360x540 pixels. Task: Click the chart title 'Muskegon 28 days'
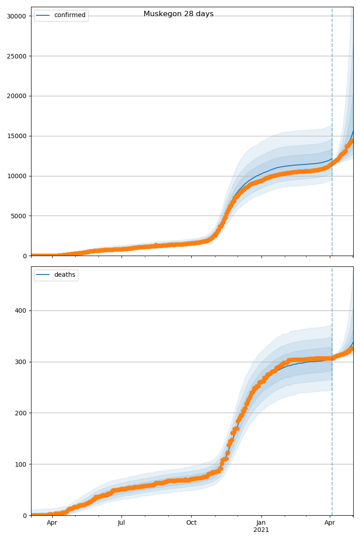click(x=179, y=14)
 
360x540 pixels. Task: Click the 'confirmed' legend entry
click(x=70, y=15)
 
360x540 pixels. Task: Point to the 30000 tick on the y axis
click(x=17, y=16)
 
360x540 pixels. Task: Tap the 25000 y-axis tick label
click(x=17, y=56)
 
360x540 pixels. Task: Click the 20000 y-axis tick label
click(x=17, y=96)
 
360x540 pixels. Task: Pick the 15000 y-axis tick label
click(x=17, y=136)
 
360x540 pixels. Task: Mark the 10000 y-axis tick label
click(x=17, y=176)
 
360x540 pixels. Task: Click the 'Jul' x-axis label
click(x=121, y=523)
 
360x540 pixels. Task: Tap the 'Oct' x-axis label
click(x=191, y=523)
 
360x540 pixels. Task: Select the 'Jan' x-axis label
click(x=261, y=523)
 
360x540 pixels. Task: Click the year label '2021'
click(x=261, y=530)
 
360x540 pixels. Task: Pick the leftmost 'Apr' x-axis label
click(x=52, y=523)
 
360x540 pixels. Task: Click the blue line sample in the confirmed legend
click(x=44, y=15)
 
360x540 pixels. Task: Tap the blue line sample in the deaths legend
click(x=44, y=275)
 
